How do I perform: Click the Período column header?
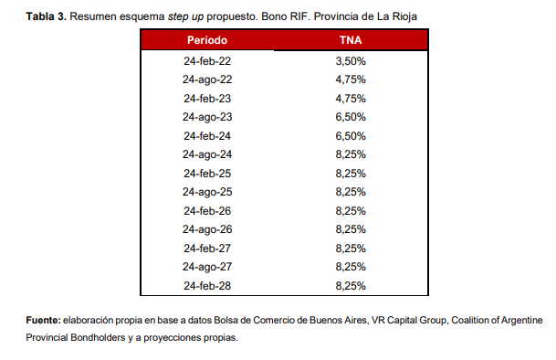point(207,40)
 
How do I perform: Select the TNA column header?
point(351,40)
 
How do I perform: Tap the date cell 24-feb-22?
point(207,61)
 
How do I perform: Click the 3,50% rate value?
point(351,61)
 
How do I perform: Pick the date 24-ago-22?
point(207,79)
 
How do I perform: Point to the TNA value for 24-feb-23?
point(351,99)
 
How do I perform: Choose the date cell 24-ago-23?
point(207,117)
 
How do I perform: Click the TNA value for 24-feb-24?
point(351,136)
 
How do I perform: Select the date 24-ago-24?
point(207,154)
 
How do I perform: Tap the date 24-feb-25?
point(207,174)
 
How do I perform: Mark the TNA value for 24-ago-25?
point(351,192)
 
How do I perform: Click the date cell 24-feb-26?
point(207,211)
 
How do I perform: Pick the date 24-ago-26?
point(207,229)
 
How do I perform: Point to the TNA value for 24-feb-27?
point(351,249)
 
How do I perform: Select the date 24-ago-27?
point(207,267)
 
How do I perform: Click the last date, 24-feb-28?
point(207,286)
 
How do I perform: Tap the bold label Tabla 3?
point(46,16)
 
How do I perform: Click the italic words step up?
point(185,17)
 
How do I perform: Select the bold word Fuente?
point(43,320)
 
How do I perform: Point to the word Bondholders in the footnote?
point(98,337)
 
